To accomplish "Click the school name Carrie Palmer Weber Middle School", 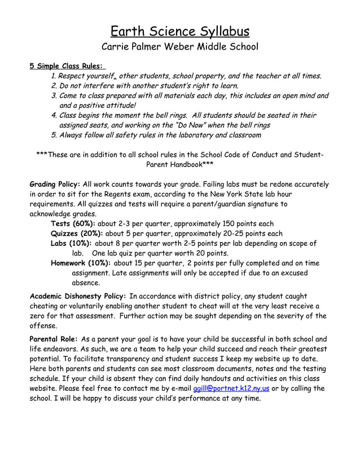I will [179, 47].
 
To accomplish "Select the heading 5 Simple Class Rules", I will [67, 65].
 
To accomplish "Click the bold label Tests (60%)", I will [73, 223].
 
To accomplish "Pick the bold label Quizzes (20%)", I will [77, 234].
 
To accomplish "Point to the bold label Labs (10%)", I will [71, 243].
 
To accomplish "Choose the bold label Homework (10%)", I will [81, 263].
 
